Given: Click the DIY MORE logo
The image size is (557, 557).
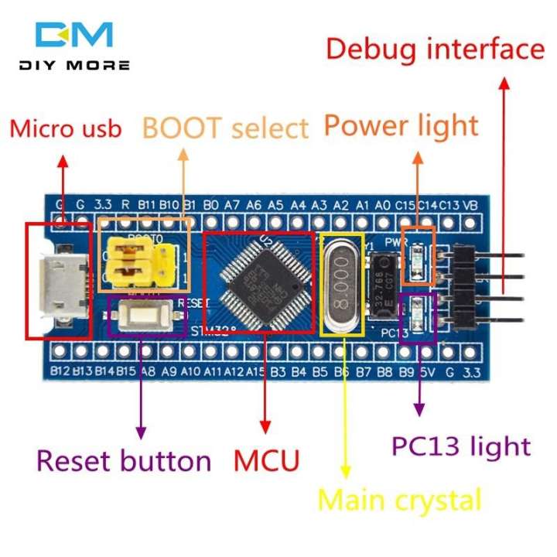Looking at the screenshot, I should [74, 46].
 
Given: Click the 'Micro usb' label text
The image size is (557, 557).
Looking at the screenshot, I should [65, 128].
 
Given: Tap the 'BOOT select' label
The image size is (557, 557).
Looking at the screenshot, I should [225, 127].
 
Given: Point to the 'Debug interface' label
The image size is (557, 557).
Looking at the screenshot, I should [434, 50].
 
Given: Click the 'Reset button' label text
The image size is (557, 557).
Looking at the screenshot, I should [124, 461].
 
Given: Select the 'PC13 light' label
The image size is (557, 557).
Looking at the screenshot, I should [461, 446].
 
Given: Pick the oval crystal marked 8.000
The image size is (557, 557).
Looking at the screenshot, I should [341, 285].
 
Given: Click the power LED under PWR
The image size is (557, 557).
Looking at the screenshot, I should [419, 258].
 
